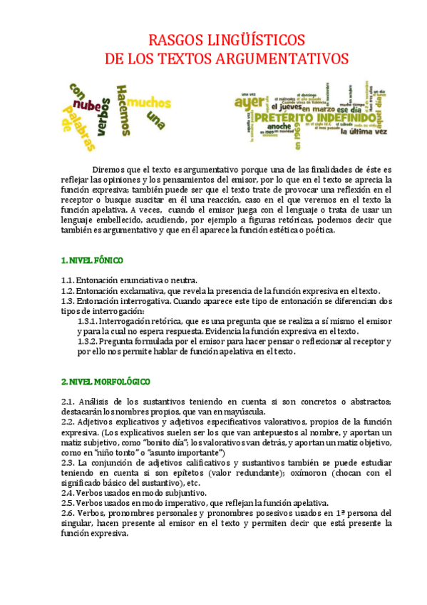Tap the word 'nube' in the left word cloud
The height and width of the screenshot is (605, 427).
click(x=89, y=106)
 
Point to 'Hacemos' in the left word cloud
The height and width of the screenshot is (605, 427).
click(x=125, y=108)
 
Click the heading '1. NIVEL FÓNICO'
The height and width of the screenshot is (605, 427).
click(x=92, y=260)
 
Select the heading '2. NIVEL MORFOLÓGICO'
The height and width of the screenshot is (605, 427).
click(x=106, y=382)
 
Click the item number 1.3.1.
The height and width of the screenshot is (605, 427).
click(x=87, y=321)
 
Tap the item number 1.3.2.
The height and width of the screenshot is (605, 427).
click(x=87, y=342)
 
